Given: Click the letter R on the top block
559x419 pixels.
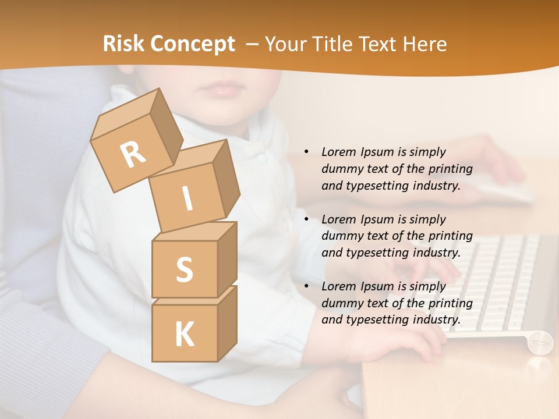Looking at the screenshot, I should pyautogui.click(x=133, y=155).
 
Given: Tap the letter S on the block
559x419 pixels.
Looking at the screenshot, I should pyautogui.click(x=184, y=270).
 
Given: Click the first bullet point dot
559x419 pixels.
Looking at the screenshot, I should pyautogui.click(x=306, y=152).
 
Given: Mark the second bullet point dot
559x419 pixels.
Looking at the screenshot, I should pyautogui.click(x=306, y=220).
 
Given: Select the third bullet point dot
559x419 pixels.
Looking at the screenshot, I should pyautogui.click(x=306, y=287).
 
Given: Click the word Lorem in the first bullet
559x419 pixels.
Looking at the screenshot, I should pyautogui.click(x=338, y=152).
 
